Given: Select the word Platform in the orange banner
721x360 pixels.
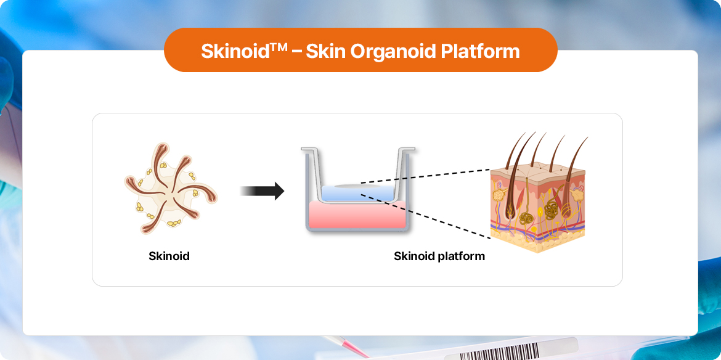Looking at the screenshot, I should [480, 51].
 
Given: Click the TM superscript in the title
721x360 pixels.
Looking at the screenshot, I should [278, 46].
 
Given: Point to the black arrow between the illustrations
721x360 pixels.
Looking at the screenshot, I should [262, 191].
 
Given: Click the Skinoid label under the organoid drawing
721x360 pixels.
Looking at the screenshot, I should [169, 256].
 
